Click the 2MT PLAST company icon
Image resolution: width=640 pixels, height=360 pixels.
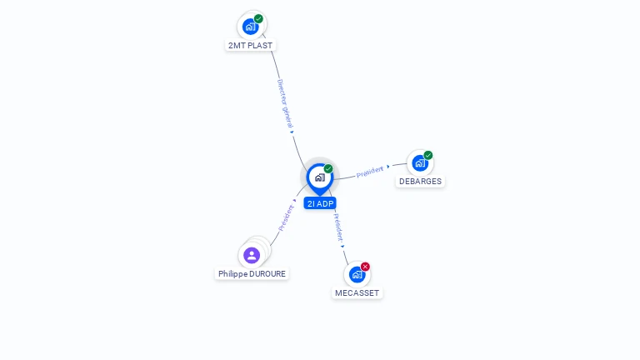coord(250,27)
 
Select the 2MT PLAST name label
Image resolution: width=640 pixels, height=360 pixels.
coord(250,45)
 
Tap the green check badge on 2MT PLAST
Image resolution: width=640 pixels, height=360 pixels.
coord(258,18)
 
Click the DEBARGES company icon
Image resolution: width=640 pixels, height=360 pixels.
coord(420,163)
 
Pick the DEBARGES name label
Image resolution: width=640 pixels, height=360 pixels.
coord(420,181)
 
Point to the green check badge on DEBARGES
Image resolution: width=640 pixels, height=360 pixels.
coord(428,155)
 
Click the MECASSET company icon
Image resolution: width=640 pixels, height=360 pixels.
coord(357,275)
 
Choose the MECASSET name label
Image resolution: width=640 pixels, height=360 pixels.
coord(357,293)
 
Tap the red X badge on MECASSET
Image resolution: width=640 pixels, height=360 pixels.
coord(365,267)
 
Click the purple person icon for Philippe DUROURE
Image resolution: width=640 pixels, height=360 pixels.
coord(252,256)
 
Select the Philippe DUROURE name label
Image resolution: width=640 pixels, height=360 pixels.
coord(252,274)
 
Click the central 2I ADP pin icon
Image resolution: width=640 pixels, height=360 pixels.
coord(320,178)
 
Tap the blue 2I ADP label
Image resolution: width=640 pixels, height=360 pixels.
coord(320,203)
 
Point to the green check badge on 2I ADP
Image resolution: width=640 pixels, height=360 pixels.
coord(328,168)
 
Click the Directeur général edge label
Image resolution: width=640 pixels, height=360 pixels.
coord(285,103)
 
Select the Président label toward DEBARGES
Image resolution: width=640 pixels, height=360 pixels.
coord(370,172)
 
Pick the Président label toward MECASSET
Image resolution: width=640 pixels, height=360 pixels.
coord(339,227)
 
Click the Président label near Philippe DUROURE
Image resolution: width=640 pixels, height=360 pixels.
coord(286,218)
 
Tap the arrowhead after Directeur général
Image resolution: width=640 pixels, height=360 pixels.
coord(292,132)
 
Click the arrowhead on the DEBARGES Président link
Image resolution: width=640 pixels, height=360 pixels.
coord(388,167)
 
